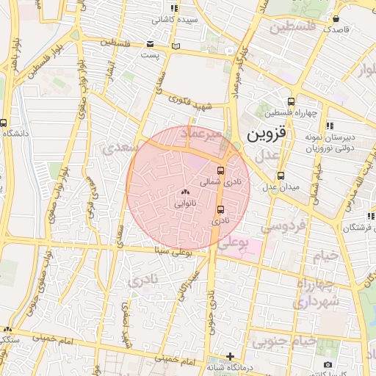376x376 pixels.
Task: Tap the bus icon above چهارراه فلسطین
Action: (292, 102)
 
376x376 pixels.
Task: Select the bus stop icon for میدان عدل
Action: (281, 176)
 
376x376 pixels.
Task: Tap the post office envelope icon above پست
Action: (151, 43)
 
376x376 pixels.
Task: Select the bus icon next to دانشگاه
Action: (5, 123)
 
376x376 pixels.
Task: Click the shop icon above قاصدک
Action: (336, 19)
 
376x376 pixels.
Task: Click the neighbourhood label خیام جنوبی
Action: (284, 341)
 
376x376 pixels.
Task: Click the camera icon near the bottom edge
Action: (328, 364)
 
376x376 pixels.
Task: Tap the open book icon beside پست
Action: (175, 47)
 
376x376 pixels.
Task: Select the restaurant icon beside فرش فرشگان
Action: (368, 216)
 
